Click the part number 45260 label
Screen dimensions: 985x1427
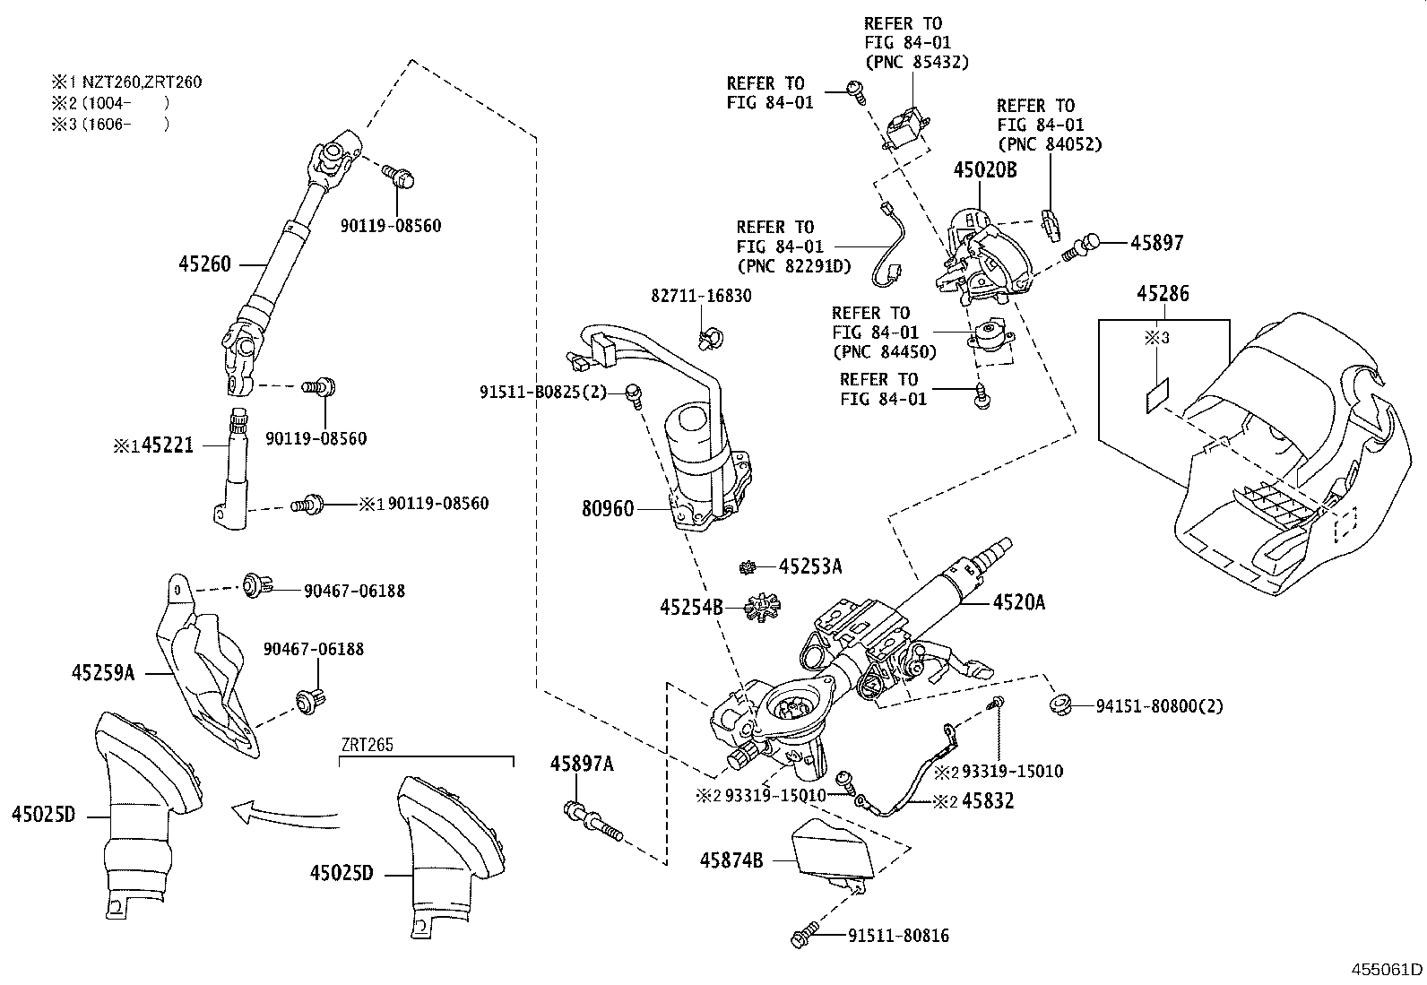[205, 264]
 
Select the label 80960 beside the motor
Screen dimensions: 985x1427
[608, 509]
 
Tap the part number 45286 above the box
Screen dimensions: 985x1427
[1163, 293]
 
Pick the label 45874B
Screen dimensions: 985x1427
[731, 860]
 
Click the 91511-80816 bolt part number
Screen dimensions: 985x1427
[898, 937]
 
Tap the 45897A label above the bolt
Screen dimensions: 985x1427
[582, 764]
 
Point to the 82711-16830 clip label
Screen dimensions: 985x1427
[702, 296]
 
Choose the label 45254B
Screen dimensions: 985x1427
[691, 608]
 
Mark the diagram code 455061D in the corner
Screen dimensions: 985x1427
[1388, 969]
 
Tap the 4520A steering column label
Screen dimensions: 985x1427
[1018, 603]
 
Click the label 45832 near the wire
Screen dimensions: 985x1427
[988, 801]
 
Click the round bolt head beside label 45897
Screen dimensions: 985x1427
[1090, 241]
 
